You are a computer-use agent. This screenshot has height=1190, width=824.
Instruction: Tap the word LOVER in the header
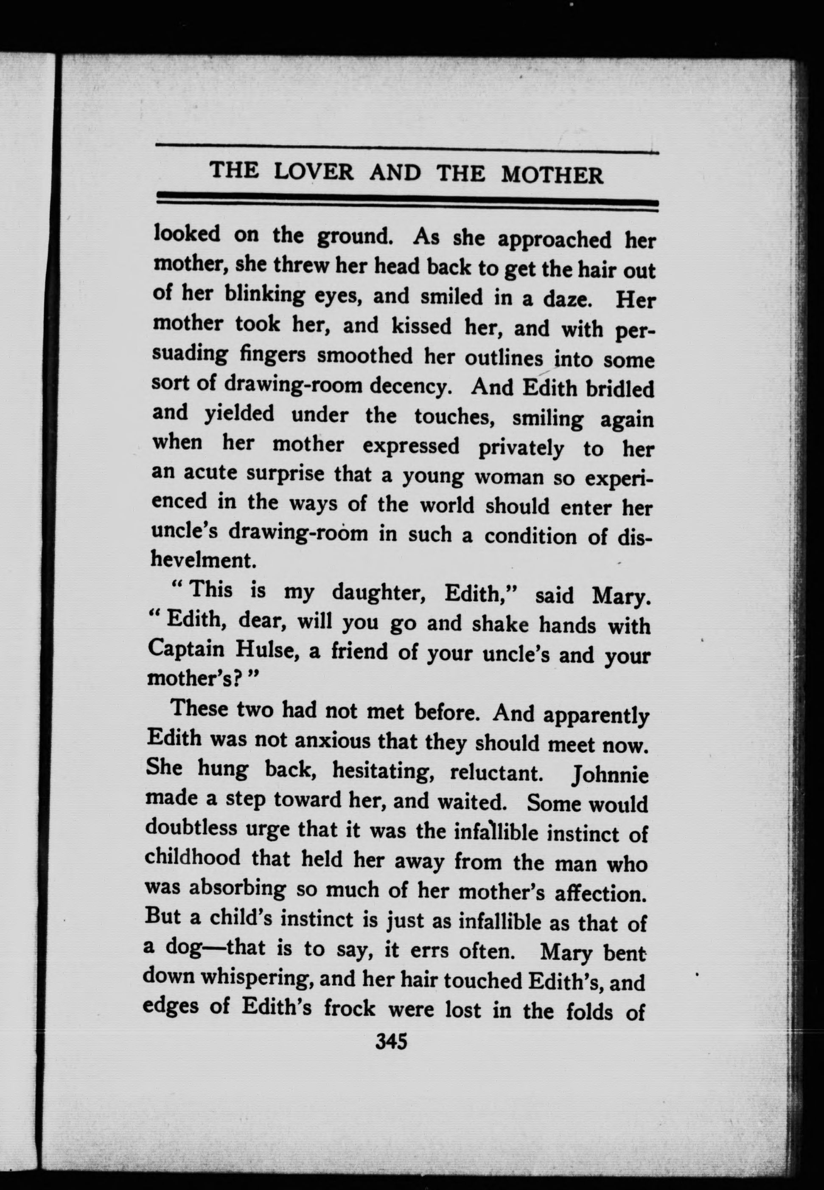pyautogui.click(x=314, y=172)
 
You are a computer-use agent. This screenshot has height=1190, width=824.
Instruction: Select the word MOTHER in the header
pyautogui.click(x=552, y=176)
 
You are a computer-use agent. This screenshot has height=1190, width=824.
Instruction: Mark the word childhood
pyautogui.click(x=193, y=858)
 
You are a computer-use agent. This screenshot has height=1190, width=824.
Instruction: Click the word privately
pyautogui.click(x=521, y=448)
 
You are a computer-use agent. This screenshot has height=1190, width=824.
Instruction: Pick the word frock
pyautogui.click(x=349, y=1007)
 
